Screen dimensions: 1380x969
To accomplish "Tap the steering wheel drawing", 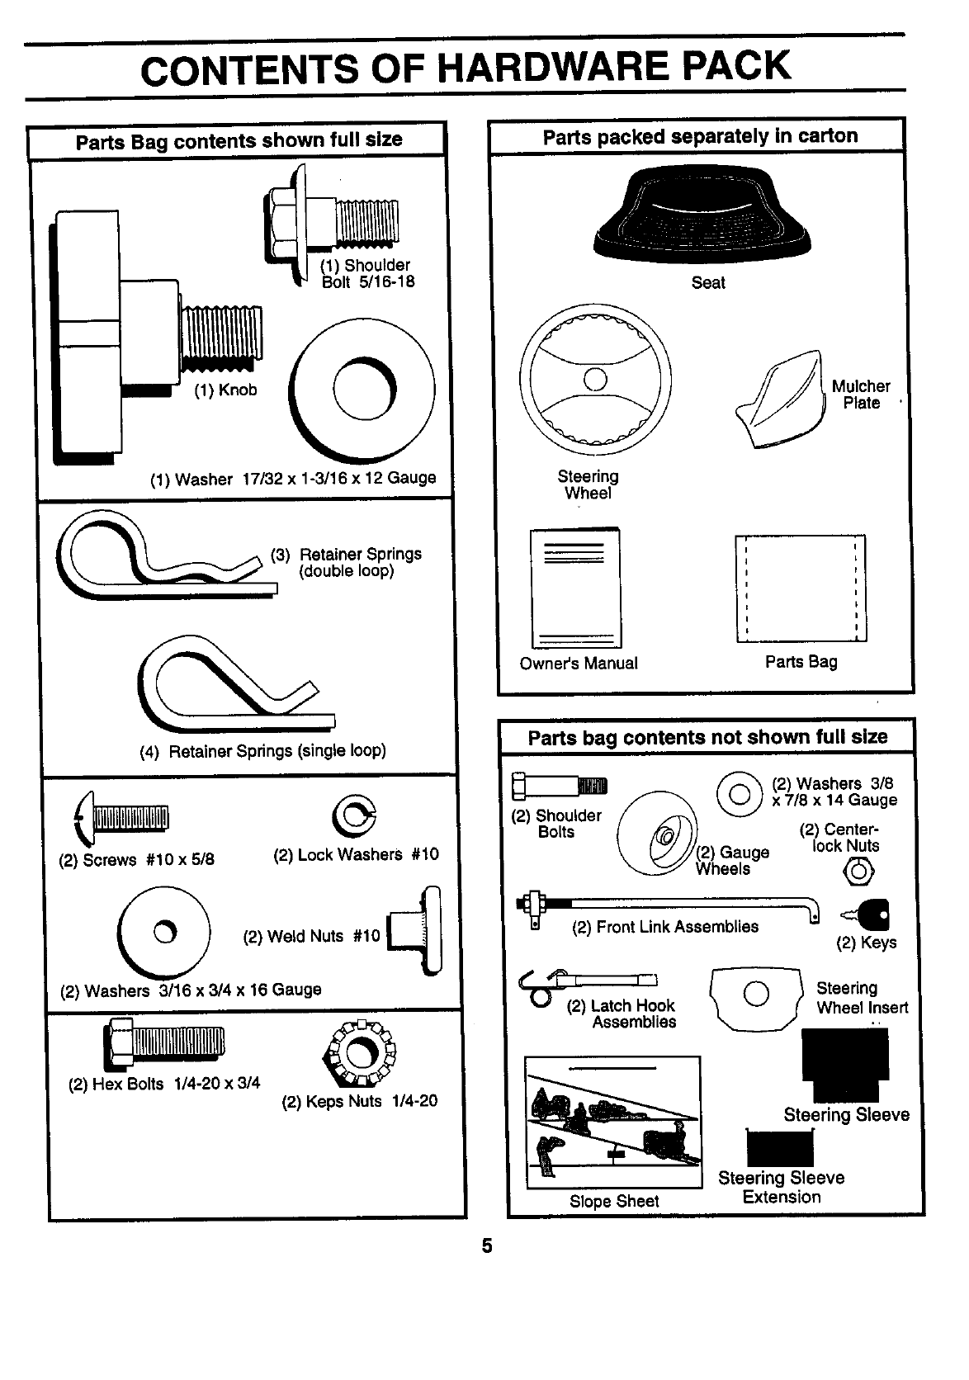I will pyautogui.click(x=595, y=378).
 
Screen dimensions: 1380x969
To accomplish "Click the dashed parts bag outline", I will pyautogui.click(x=800, y=588).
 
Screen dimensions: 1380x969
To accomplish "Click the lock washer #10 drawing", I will pyautogui.click(x=356, y=815).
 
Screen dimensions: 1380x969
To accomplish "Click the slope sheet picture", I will pyautogui.click(x=612, y=1122).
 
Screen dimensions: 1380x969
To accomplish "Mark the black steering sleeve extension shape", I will pyautogui.click(x=779, y=1148).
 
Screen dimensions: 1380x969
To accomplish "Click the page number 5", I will pyautogui.click(x=486, y=1245).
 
